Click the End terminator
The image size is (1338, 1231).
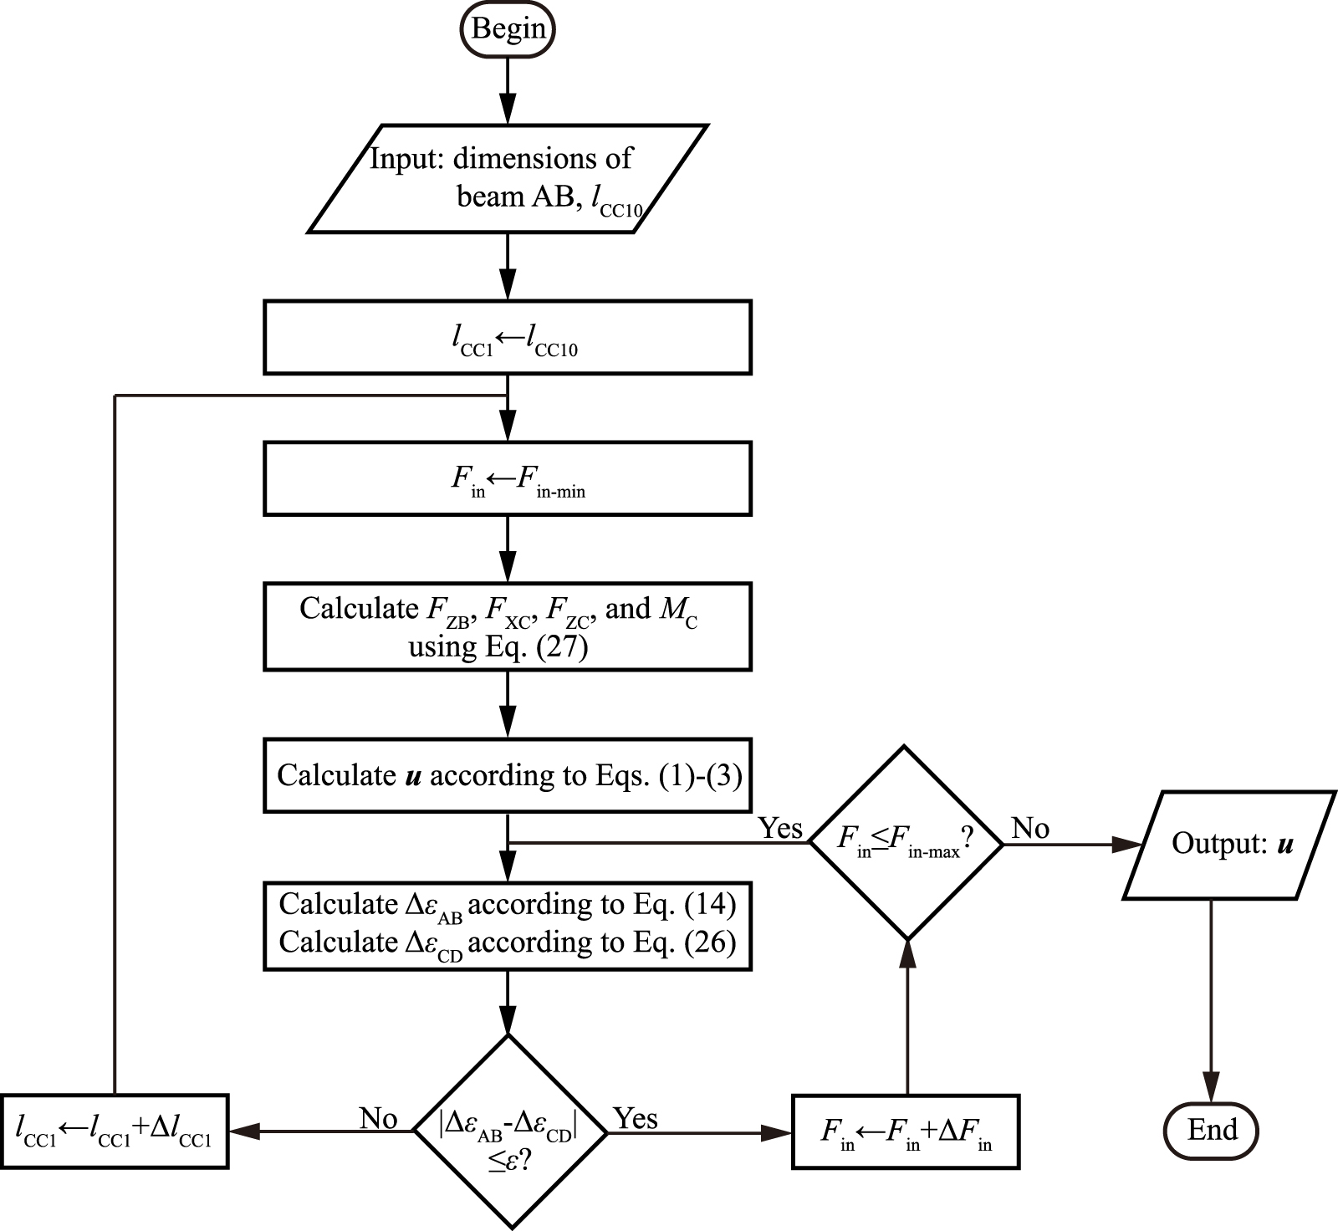[1211, 1131]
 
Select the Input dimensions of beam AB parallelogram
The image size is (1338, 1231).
[507, 178]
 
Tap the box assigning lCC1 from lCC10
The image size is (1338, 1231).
[507, 337]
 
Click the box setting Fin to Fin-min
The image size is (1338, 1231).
[507, 478]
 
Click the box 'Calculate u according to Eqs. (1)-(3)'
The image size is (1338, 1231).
[507, 775]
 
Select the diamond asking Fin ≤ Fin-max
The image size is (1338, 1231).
[906, 843]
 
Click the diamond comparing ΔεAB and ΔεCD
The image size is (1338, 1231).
[509, 1131]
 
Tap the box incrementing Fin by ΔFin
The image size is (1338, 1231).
[906, 1131]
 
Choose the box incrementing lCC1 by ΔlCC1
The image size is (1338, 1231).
[114, 1131]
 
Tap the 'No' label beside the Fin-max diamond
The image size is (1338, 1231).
[1030, 829]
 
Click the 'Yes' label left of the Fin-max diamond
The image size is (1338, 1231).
[780, 829]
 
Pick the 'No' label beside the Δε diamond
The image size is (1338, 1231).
[378, 1119]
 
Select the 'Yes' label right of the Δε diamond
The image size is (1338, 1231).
[636, 1119]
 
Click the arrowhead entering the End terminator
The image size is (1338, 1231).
[1211, 1092]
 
